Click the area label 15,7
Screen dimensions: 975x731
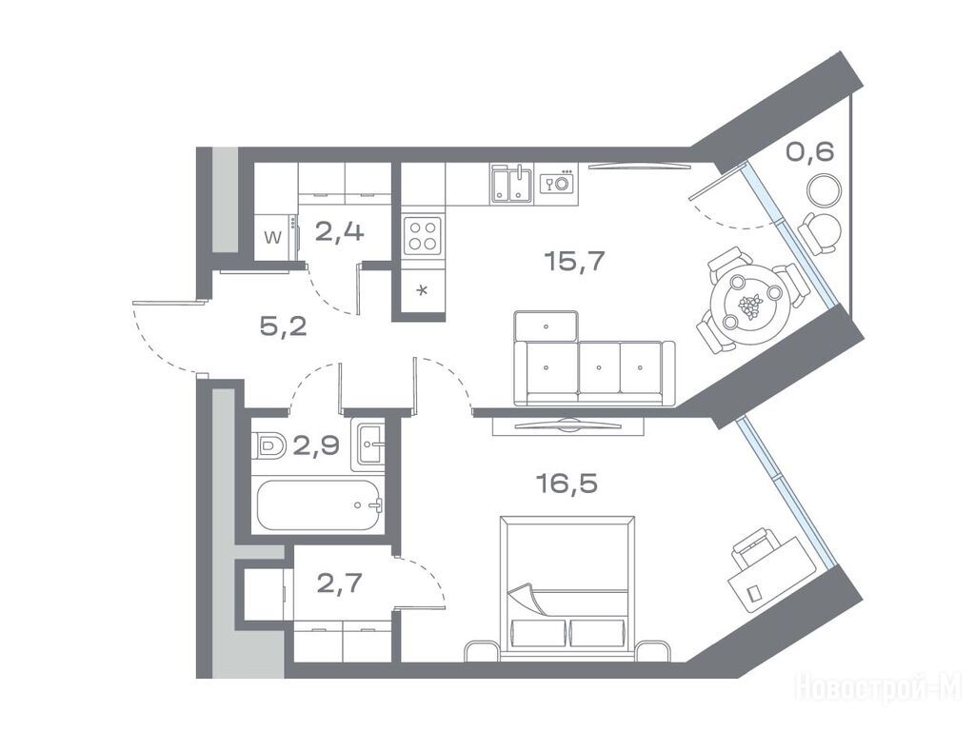coord(574,262)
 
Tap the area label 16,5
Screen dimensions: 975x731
coord(567,483)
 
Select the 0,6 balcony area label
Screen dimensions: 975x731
coord(809,151)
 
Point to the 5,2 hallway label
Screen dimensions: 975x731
coord(283,326)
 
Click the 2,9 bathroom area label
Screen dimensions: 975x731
coord(316,445)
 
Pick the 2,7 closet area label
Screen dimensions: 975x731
coord(340,583)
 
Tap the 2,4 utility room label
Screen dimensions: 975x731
coord(340,232)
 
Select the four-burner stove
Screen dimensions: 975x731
coord(423,236)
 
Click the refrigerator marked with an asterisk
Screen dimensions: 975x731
coord(423,290)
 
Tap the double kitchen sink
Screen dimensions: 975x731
coord(511,184)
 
